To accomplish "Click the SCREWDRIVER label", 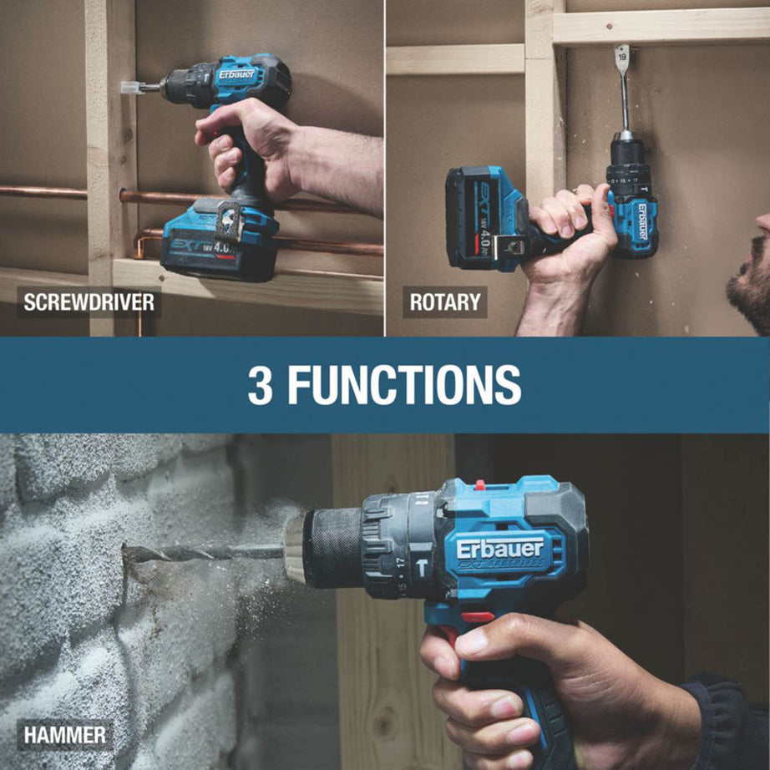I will (x=89, y=301).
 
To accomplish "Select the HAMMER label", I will (x=65, y=735).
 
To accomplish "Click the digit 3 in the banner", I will (x=260, y=384).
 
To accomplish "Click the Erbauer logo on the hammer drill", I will (x=499, y=550).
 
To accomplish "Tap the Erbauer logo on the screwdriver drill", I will (x=237, y=73).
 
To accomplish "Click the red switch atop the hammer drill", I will (x=479, y=484).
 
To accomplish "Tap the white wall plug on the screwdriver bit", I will (x=129, y=87).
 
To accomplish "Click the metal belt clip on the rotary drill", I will (x=509, y=246).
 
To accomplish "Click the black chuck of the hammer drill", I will (x=334, y=547).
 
